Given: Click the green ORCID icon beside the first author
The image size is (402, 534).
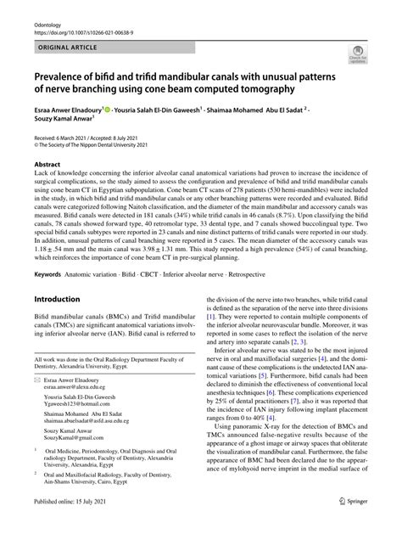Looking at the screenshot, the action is [x=112, y=110].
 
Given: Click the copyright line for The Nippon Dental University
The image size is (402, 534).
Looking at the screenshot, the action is [x=99, y=146].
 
